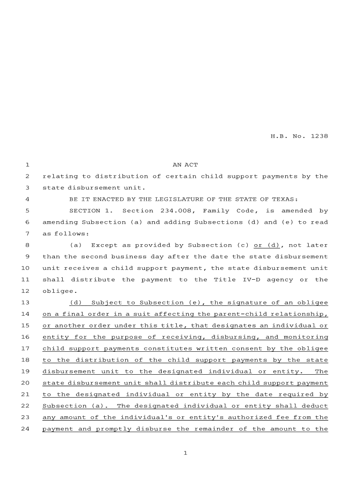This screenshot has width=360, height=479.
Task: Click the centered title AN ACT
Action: click(x=185, y=165)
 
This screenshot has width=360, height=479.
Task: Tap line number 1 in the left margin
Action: click(x=27, y=165)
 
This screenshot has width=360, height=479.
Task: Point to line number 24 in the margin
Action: click(x=25, y=429)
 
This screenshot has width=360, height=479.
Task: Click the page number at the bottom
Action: click(x=185, y=453)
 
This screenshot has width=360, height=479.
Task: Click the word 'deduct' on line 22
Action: click(x=317, y=406)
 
